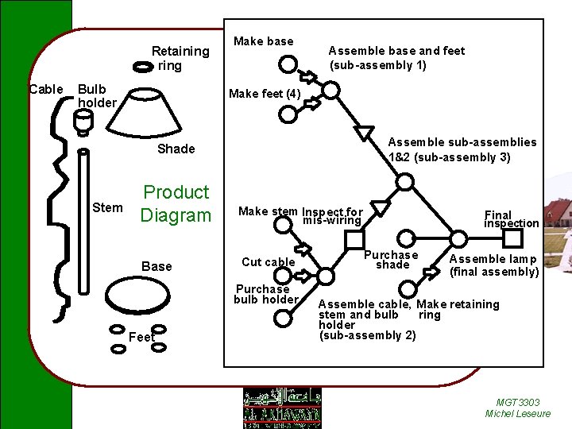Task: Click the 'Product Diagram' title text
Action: tap(176, 203)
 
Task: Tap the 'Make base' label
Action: tap(263, 41)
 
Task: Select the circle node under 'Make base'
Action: tap(288, 64)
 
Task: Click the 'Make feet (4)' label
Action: tap(265, 94)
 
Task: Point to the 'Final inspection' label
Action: tap(511, 218)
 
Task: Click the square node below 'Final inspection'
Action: tap(512, 238)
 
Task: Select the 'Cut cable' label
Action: tap(268, 262)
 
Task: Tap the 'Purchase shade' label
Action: tap(391, 260)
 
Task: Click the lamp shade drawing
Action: tap(154, 110)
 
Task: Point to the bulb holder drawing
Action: tap(83, 121)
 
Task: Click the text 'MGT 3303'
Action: tap(517, 402)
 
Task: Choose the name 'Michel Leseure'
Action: tap(517, 414)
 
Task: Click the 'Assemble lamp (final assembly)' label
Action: tap(493, 265)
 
